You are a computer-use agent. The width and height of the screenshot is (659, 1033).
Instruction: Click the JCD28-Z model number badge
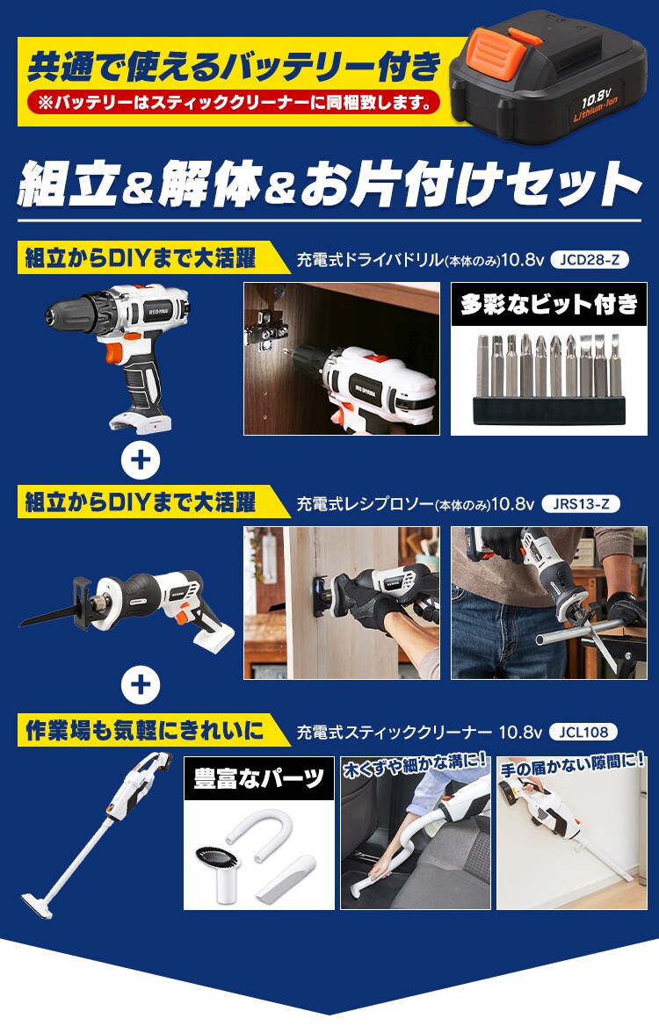pyautogui.click(x=589, y=260)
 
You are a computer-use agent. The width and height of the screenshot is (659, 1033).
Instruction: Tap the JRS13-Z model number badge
pyautogui.click(x=581, y=504)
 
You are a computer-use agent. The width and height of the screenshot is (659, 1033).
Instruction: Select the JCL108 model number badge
pyautogui.click(x=583, y=732)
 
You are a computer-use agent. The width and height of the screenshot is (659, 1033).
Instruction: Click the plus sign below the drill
pyautogui.click(x=141, y=460)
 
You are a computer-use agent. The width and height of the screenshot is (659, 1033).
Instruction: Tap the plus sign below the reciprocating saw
pyautogui.click(x=141, y=685)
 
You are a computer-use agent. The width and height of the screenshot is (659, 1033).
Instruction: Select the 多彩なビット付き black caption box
pyautogui.click(x=549, y=304)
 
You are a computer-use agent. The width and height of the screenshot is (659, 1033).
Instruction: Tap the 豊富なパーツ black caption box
pyautogui.click(x=259, y=778)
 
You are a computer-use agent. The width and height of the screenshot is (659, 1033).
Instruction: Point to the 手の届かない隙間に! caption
pyautogui.click(x=572, y=766)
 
